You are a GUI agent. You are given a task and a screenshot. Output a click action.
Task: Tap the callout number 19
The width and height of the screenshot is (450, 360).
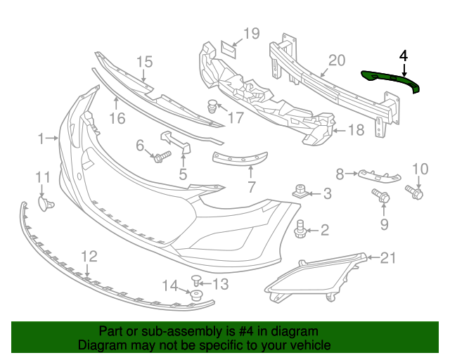251,33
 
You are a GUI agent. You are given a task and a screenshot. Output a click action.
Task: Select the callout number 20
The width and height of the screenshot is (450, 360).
336,60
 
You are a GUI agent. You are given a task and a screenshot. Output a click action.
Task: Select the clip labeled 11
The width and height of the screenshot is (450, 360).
46,203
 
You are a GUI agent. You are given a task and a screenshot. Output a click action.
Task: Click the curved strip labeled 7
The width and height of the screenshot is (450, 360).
239,159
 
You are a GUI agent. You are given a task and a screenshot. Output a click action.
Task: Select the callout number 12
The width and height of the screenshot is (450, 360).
89,257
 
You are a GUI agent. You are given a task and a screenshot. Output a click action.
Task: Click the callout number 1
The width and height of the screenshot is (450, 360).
41,138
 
